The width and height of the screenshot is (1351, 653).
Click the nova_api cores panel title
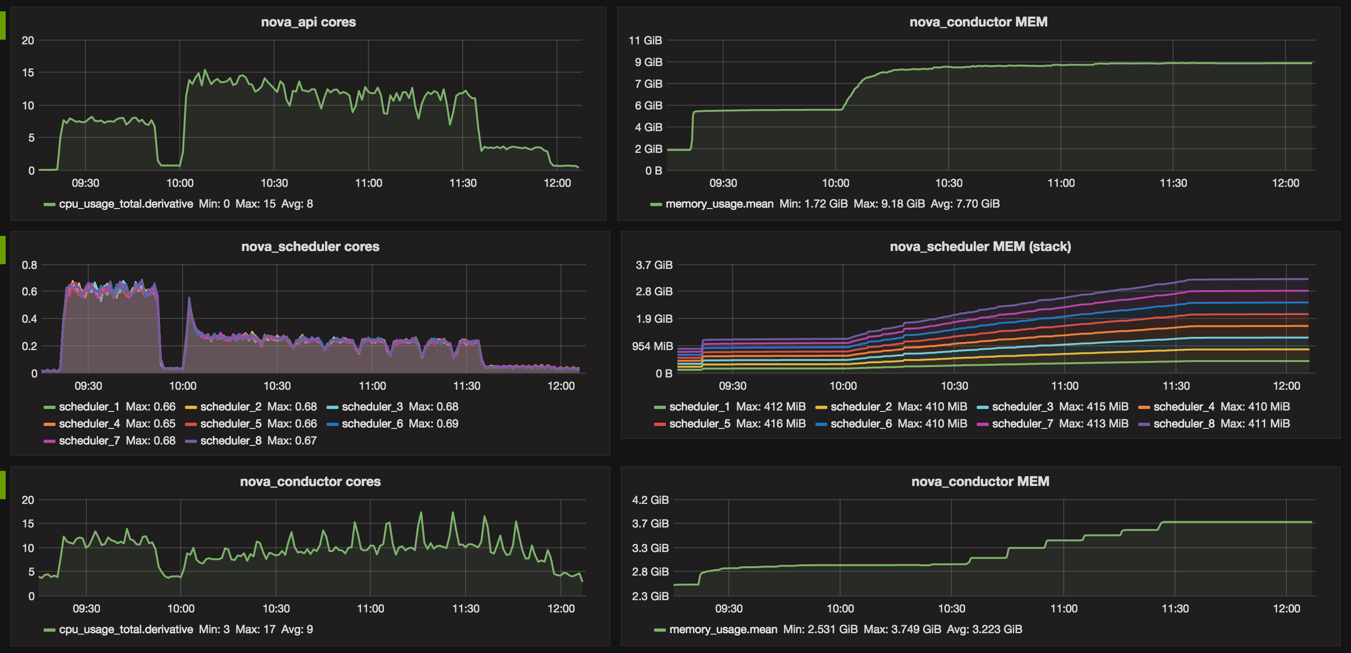click(309, 22)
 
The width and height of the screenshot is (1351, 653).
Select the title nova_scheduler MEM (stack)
click(980, 246)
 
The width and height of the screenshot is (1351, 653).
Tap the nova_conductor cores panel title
click(310, 481)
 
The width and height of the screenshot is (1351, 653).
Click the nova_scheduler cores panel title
click(310, 246)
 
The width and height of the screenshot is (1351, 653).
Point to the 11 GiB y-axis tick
click(645, 41)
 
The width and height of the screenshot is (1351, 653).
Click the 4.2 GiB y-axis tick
click(650, 500)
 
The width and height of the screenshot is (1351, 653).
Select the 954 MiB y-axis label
click(652, 346)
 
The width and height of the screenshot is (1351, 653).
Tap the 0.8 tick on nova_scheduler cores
click(29, 265)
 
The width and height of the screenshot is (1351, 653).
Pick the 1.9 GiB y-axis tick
click(653, 319)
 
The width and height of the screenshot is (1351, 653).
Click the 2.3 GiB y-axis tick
click(650, 596)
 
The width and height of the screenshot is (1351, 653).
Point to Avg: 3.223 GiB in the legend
click(984, 629)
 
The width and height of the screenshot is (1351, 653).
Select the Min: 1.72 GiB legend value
click(813, 203)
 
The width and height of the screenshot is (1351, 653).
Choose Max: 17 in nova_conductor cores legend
click(255, 629)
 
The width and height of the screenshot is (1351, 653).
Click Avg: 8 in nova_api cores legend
click(297, 203)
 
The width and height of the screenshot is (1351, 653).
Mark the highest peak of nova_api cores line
click(205, 70)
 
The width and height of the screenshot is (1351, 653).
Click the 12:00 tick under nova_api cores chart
click(557, 183)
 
